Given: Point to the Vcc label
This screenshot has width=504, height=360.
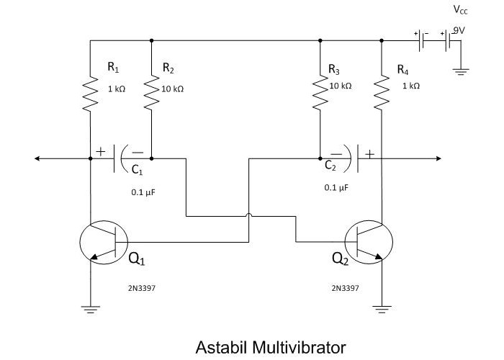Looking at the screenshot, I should pyautogui.click(x=460, y=11).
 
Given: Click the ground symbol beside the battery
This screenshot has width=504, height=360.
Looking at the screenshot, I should pyautogui.click(x=461, y=71).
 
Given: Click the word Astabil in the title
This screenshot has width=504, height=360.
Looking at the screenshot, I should pyautogui.click(x=221, y=347).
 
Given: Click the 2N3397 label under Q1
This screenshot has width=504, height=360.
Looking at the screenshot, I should pyautogui.click(x=142, y=288).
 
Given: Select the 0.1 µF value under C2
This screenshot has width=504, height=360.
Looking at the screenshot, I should pyautogui.click(x=336, y=187).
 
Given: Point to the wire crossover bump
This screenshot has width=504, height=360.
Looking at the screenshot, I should pyautogui.click(x=248, y=215).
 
